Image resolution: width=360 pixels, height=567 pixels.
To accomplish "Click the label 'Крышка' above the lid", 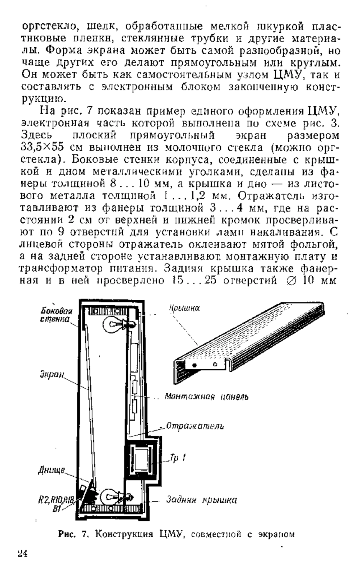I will pyautogui.click(x=184, y=308).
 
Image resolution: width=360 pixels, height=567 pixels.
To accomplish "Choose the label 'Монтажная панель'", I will pyautogui.click(x=206, y=397).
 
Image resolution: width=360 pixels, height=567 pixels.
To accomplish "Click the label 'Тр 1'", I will pyautogui.click(x=178, y=458).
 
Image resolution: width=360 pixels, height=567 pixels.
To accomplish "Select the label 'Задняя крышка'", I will pyautogui.click(x=201, y=500).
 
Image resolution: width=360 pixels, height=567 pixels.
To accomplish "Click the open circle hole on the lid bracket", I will pyautogui.click(x=215, y=364).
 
